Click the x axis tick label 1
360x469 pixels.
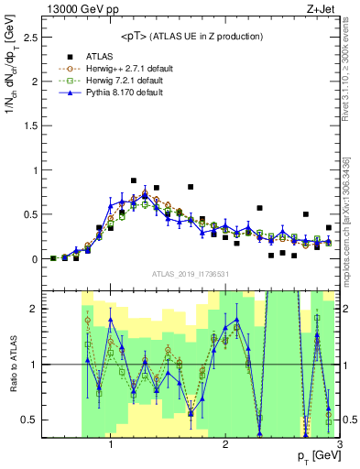click(x=111, y=447)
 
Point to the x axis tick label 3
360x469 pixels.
click(x=338, y=447)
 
